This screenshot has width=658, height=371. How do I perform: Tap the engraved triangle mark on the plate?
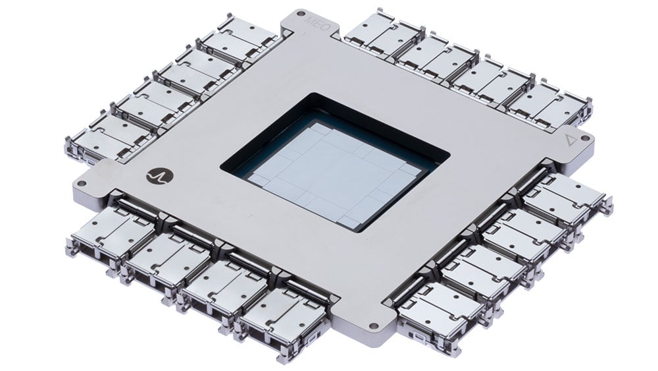(570, 140)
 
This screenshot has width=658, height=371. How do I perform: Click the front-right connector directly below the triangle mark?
(567, 197)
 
